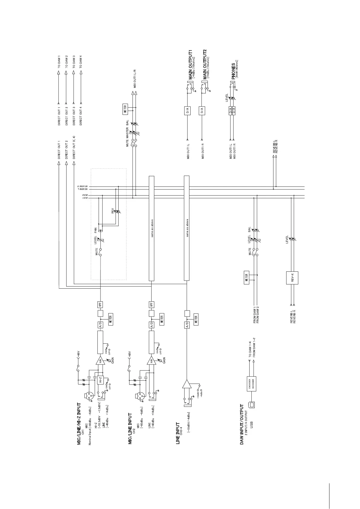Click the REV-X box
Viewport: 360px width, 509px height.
pos(292,278)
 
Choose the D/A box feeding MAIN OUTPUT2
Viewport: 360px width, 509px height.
pos(202,111)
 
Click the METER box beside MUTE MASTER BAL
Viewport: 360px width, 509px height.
pos(125,109)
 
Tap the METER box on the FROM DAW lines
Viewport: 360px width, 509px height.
pos(247,277)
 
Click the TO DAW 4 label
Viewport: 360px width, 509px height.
pos(80,62)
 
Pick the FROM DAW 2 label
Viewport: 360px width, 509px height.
pos(257,315)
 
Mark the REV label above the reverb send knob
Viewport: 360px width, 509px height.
pos(113,210)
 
